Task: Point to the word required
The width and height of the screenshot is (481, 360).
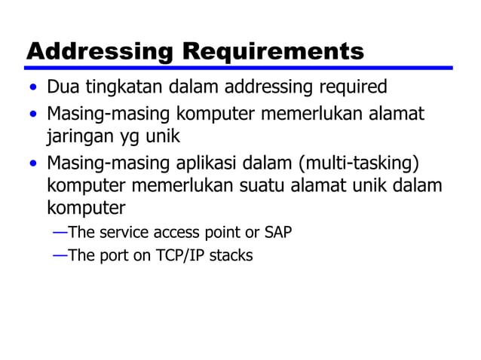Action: point(351,87)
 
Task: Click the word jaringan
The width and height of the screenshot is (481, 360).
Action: point(76,136)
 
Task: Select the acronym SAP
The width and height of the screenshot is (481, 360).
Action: point(277,231)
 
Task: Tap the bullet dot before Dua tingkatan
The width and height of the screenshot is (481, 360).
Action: point(32,89)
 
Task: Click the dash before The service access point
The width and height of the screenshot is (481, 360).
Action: point(60,231)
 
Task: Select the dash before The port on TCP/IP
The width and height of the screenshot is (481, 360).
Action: point(60,255)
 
